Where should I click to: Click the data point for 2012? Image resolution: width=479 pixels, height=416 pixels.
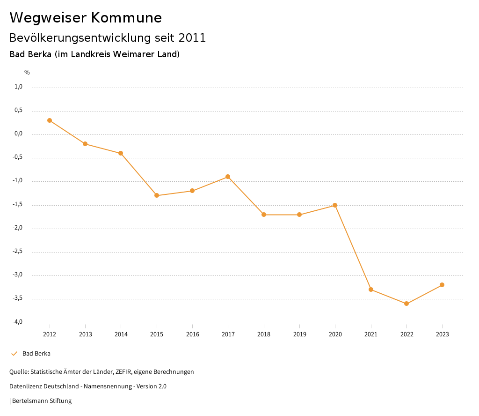click(x=50, y=120)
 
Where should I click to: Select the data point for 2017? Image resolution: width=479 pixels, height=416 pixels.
click(x=228, y=177)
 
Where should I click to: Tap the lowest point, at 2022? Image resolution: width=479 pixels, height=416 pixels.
click(x=406, y=304)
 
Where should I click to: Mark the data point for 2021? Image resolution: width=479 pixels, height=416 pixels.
click(x=371, y=290)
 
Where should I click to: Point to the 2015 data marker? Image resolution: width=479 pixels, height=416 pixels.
click(x=157, y=195)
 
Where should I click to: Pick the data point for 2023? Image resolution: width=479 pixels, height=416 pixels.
click(x=442, y=285)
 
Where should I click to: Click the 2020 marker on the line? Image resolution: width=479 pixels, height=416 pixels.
click(x=335, y=205)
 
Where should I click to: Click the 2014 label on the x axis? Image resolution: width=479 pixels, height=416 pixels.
click(x=121, y=334)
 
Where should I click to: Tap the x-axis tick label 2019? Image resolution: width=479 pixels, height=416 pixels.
click(x=299, y=334)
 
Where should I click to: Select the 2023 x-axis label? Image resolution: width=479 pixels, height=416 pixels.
click(x=442, y=334)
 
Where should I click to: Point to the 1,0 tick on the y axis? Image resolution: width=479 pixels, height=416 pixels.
click(x=19, y=87)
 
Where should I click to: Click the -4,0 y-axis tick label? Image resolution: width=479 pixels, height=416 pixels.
click(x=18, y=322)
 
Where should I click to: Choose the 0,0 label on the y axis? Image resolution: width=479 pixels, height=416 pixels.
click(x=19, y=134)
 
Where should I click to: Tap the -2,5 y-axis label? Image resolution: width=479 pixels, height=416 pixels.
click(x=18, y=252)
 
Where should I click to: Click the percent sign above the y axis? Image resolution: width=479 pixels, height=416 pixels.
click(x=27, y=73)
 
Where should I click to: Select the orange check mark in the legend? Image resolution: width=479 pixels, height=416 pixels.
click(x=14, y=354)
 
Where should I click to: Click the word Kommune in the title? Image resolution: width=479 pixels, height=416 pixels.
click(x=126, y=18)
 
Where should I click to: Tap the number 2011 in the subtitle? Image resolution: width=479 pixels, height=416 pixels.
click(x=192, y=38)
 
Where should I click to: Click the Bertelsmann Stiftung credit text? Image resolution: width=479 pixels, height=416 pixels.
click(x=42, y=401)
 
